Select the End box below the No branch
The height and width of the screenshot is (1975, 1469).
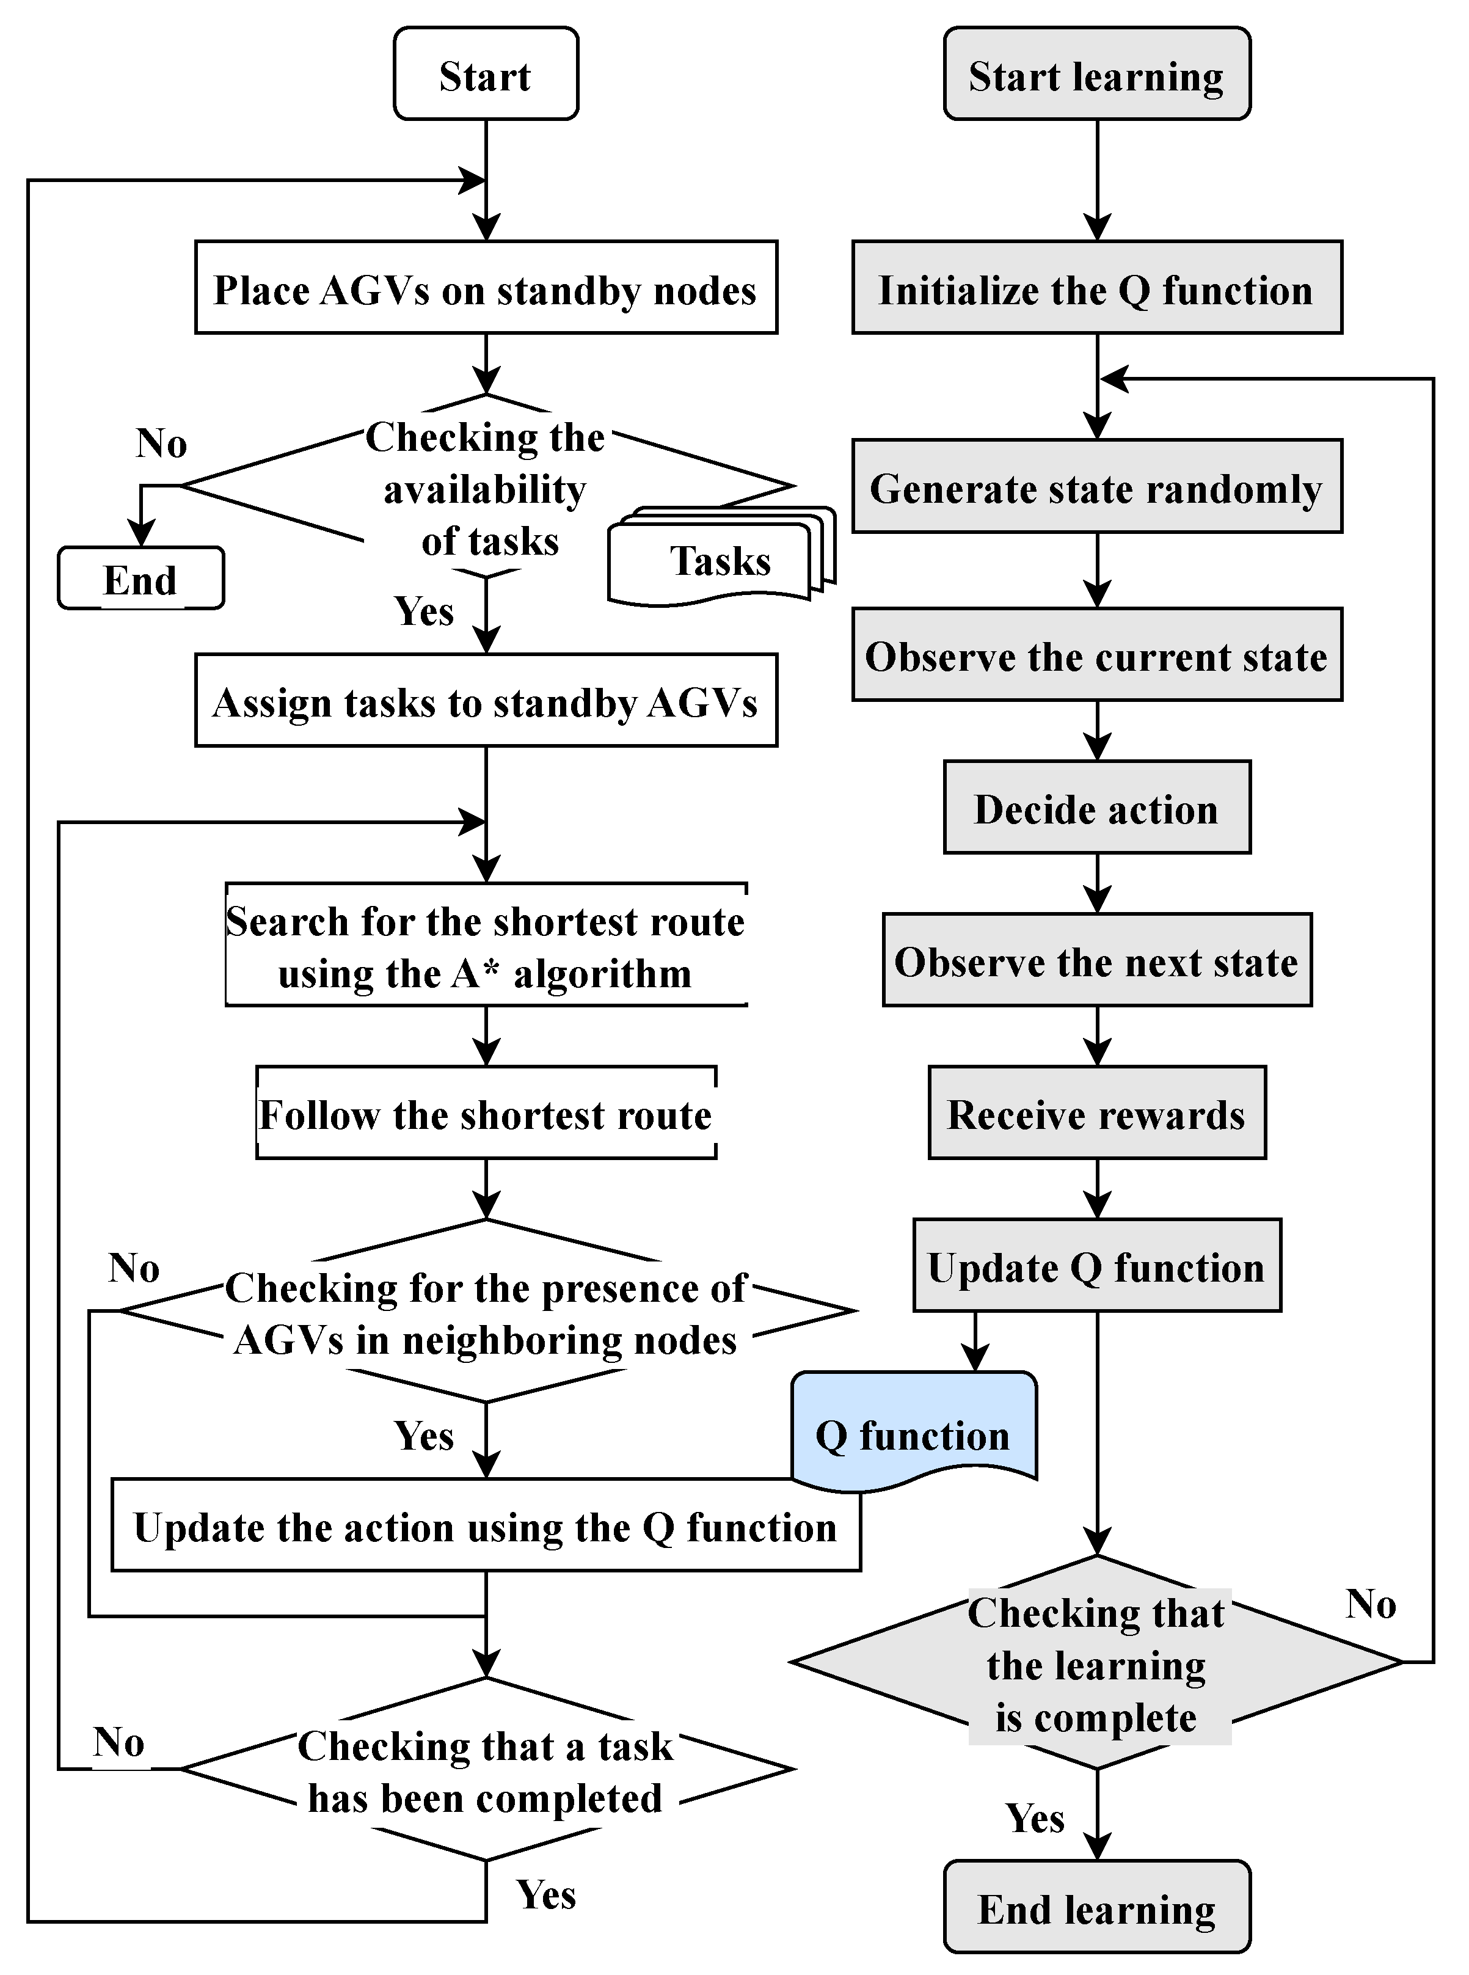click(140, 578)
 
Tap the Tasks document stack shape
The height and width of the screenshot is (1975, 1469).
click(722, 557)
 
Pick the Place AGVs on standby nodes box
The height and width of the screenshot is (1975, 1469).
click(486, 287)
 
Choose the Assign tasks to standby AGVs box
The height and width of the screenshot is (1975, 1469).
click(486, 701)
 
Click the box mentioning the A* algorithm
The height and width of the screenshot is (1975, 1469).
click(486, 944)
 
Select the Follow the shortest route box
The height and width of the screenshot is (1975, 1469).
click(486, 1112)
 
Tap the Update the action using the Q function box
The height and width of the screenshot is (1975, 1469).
click(486, 1525)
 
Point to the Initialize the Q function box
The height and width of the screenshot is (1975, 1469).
click(1096, 287)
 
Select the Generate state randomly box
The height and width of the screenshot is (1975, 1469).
click(1096, 486)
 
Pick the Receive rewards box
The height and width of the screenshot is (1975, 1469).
click(1096, 1112)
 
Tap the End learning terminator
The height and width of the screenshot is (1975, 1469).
click(1096, 1907)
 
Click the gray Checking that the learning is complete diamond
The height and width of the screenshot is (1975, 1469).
click(1096, 1661)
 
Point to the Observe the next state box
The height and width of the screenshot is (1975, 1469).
click(1096, 960)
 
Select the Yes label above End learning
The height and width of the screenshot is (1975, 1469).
click(1034, 1817)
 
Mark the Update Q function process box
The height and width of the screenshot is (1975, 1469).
click(1096, 1265)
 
